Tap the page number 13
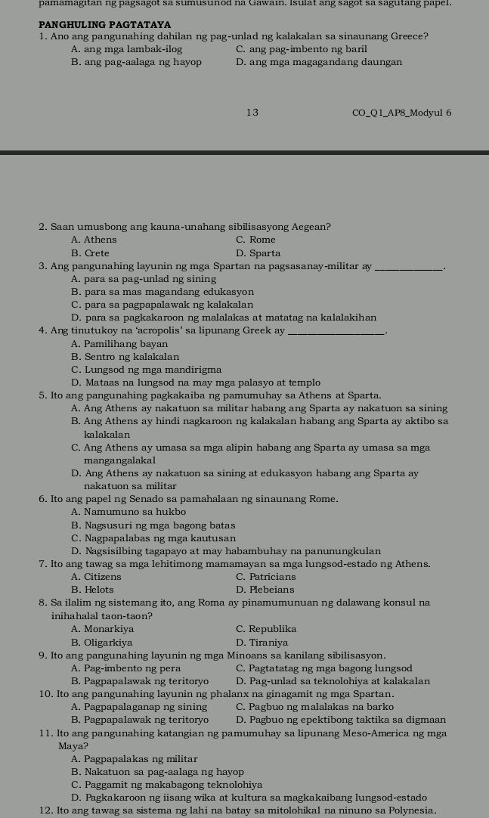(252, 113)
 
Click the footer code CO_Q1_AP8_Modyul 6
(401, 113)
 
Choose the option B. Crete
(90, 253)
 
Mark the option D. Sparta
(258, 253)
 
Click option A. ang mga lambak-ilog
(127, 49)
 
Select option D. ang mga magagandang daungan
(318, 62)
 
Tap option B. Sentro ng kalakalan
(125, 356)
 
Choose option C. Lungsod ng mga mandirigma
(146, 370)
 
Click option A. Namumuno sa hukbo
(128, 513)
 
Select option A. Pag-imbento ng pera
(125, 668)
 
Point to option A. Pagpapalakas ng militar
(134, 758)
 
